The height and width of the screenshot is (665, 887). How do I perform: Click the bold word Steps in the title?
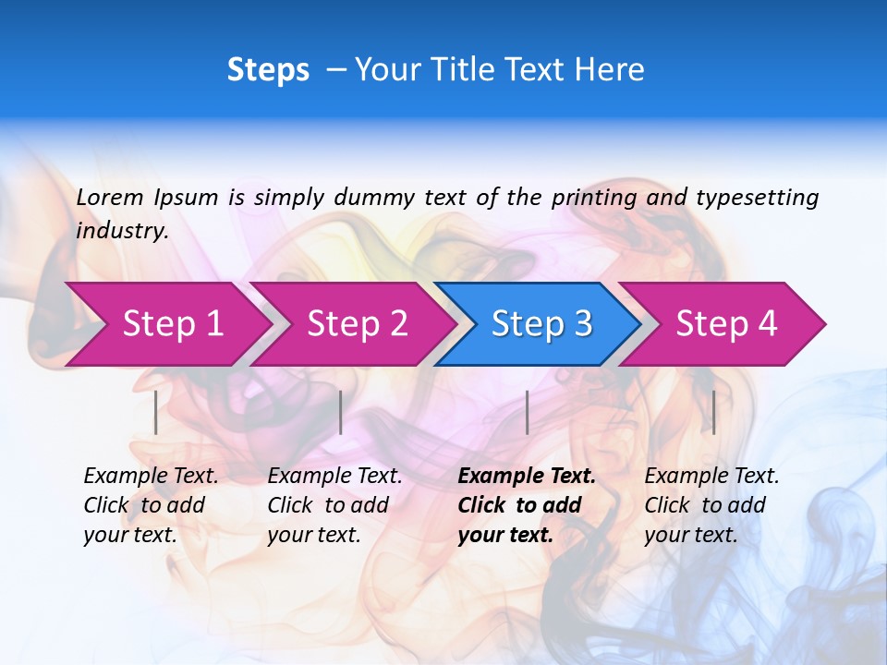coord(268,70)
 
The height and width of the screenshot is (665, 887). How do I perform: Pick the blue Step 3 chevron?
coord(541,323)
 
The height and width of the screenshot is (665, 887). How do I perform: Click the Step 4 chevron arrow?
coord(726,323)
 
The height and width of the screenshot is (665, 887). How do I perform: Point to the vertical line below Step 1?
coord(156,412)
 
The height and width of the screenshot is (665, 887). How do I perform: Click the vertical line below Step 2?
coord(341,412)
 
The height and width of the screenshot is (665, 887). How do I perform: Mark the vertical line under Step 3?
coord(527,412)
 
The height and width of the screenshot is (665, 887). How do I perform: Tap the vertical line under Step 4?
coord(713,412)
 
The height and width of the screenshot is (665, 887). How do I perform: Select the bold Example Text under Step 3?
coord(527,477)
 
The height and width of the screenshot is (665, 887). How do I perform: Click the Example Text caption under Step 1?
coord(151,477)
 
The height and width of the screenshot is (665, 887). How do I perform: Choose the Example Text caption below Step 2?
coord(334,477)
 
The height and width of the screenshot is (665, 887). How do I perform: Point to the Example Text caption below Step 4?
coord(711,477)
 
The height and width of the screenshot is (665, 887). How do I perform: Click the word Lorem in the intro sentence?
coord(110,198)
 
